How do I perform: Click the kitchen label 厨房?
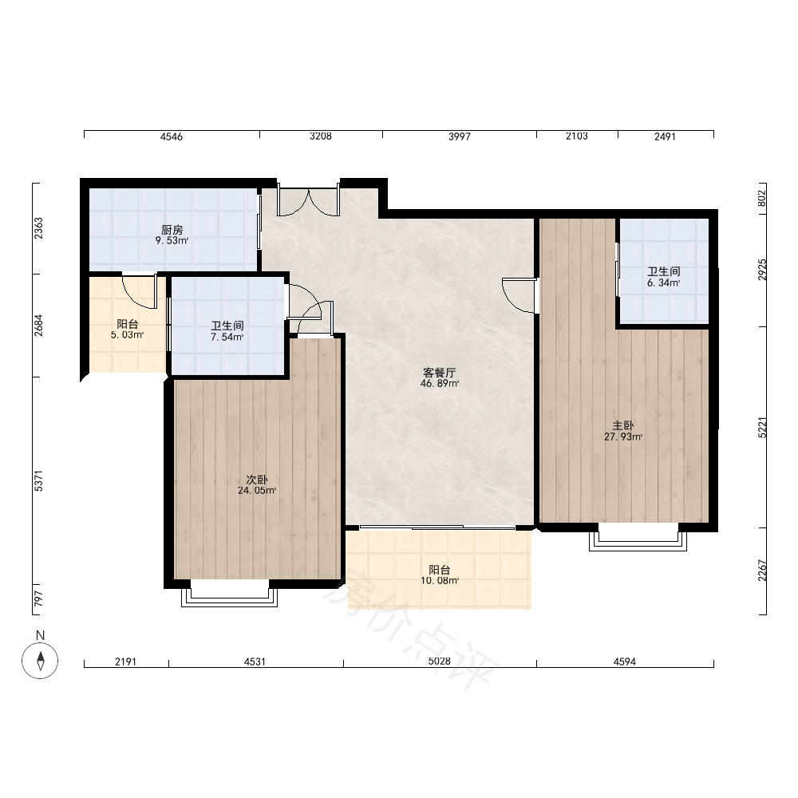(172, 230)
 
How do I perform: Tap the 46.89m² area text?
(440, 384)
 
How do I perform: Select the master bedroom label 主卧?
(623, 425)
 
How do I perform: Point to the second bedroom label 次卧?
(256, 480)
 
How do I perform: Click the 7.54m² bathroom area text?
(227, 337)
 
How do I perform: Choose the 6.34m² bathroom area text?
(664, 283)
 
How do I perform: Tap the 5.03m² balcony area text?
(127, 335)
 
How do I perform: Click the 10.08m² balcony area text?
(440, 581)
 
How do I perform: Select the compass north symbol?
(40, 661)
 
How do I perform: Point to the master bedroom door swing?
(519, 296)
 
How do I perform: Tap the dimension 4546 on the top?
(172, 136)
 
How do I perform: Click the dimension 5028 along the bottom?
(439, 661)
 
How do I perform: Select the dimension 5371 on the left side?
(38, 481)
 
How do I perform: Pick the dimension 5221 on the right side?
(762, 428)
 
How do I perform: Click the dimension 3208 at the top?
(321, 136)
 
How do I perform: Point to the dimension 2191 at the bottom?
(126, 661)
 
